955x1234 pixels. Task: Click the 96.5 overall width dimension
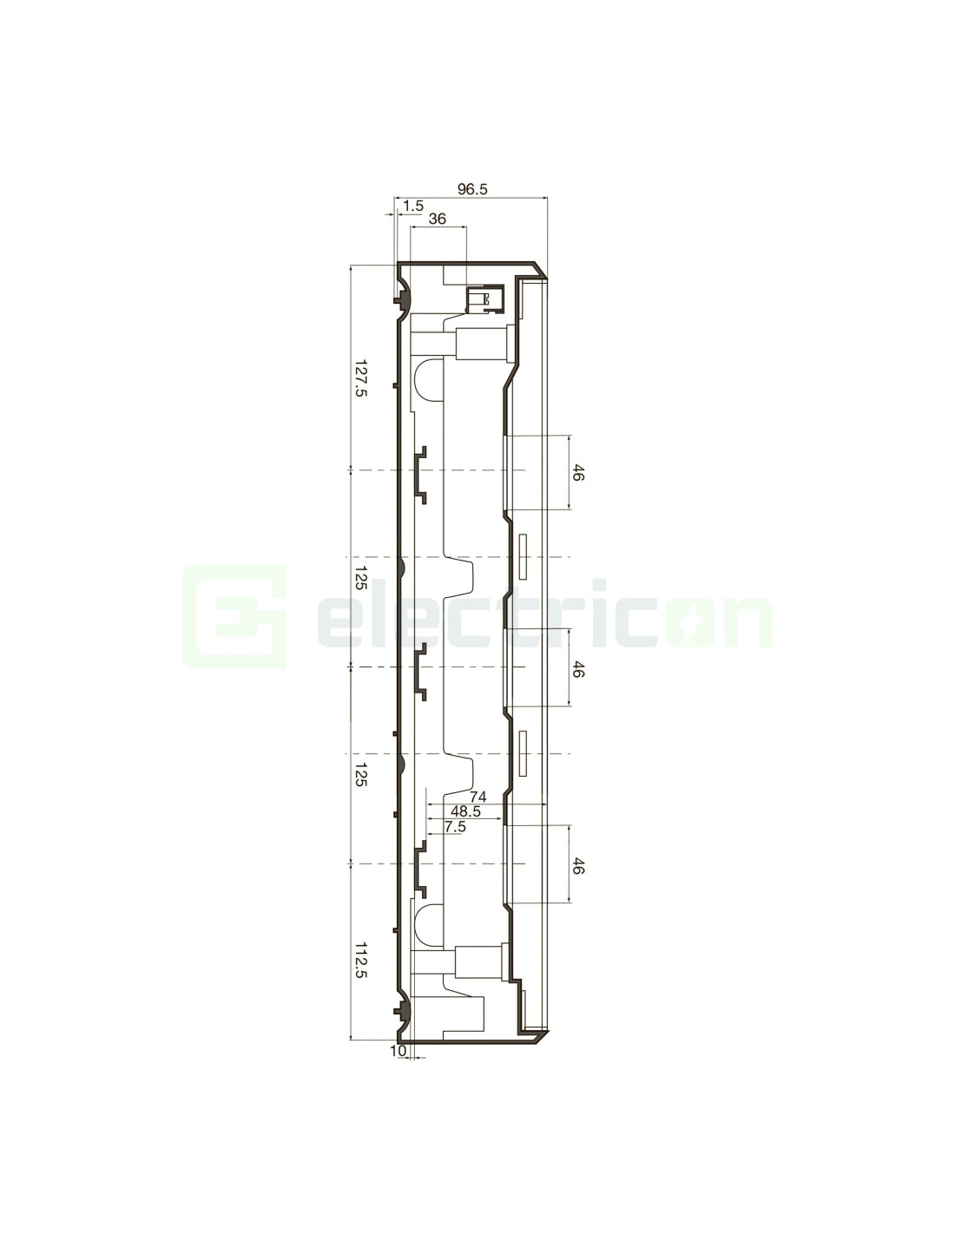click(x=472, y=189)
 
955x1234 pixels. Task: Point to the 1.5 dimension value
click(x=413, y=206)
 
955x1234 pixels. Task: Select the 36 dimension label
click(x=437, y=219)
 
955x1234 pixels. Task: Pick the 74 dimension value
click(x=477, y=797)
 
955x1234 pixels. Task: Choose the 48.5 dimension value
click(x=465, y=811)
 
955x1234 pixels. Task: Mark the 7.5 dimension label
click(x=455, y=827)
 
